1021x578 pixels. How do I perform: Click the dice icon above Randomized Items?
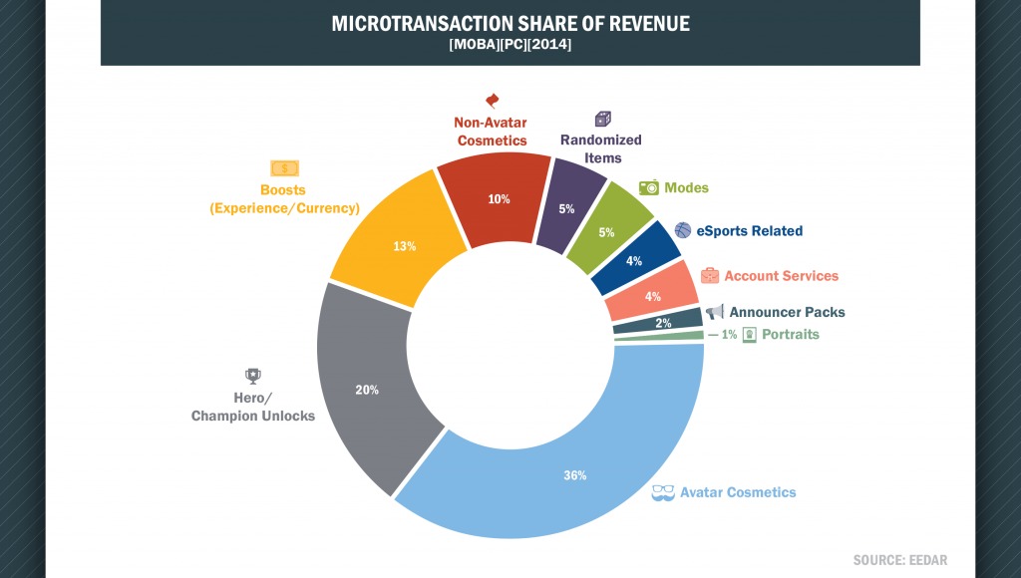[x=602, y=119]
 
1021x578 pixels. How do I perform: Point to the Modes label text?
[x=687, y=187]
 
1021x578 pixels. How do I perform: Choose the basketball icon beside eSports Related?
[x=683, y=230]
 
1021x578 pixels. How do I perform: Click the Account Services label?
[x=781, y=275]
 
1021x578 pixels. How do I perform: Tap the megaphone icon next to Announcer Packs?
[x=715, y=313]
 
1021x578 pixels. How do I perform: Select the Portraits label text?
[x=790, y=334]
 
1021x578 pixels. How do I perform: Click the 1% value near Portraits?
[x=729, y=335]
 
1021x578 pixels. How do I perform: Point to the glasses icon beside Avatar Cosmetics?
[x=663, y=492]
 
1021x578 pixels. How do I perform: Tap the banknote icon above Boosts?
[x=284, y=168]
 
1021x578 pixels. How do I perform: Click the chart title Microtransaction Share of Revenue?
[x=510, y=23]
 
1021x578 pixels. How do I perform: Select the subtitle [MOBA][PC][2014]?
[x=510, y=45]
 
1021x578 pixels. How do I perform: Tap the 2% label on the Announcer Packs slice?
[x=663, y=323]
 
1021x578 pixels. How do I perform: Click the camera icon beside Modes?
[x=648, y=187]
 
